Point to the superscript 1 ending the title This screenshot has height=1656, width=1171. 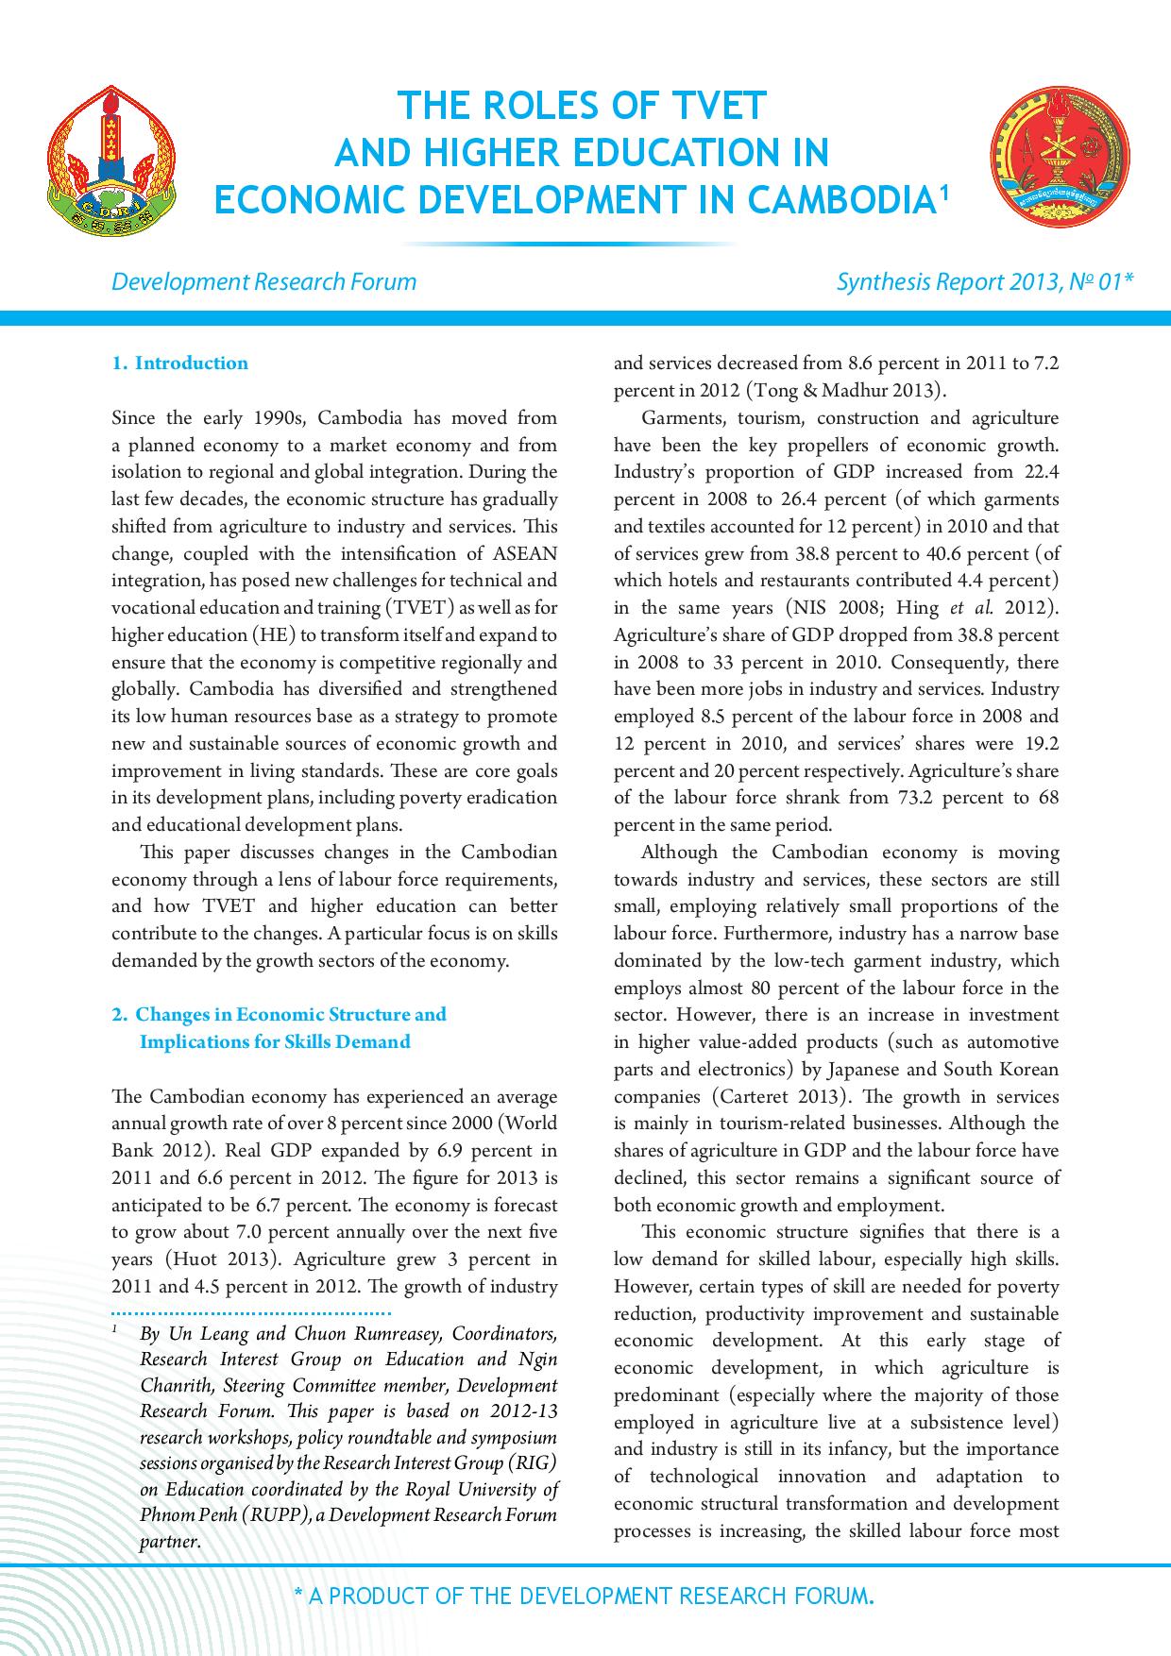942,191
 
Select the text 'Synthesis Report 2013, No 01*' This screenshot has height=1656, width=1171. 985,281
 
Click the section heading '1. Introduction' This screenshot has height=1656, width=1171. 179,363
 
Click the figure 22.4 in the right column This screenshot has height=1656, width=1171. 1039,472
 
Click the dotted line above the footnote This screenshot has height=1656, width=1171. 251,1313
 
